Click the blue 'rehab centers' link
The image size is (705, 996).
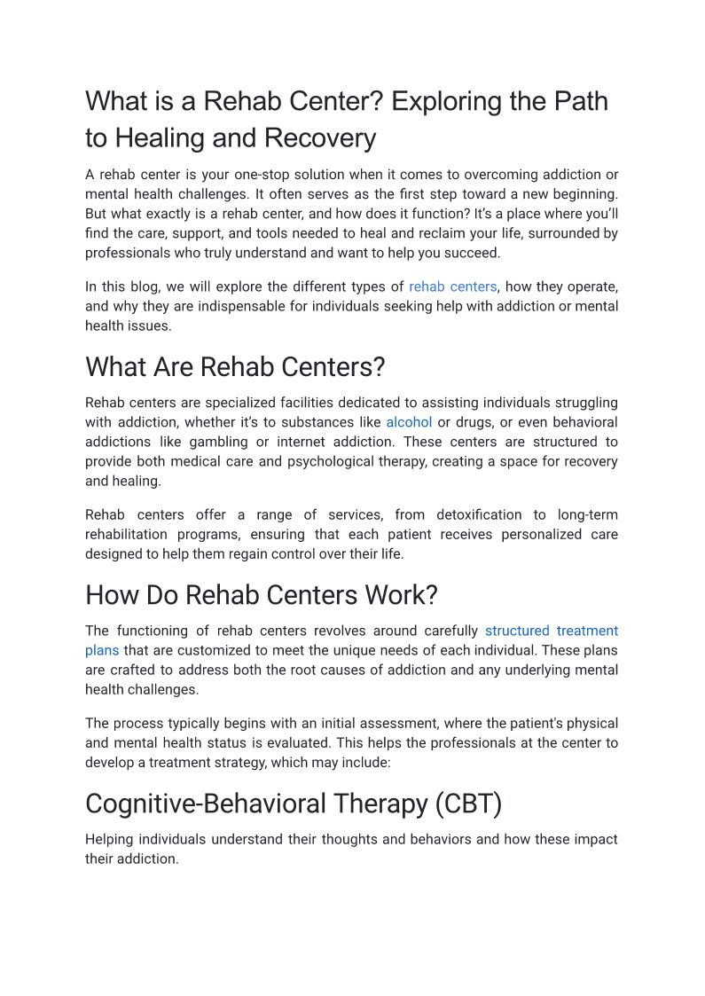pyautogui.click(x=452, y=286)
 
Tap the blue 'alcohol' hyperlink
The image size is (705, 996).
pyautogui.click(x=409, y=422)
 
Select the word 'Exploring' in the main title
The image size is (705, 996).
pyautogui.click(x=445, y=101)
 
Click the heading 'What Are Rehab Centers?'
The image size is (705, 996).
pyautogui.click(x=235, y=366)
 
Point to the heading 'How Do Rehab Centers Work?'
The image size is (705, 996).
pyautogui.click(x=262, y=594)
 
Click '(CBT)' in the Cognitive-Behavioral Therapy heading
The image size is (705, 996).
pyautogui.click(x=468, y=804)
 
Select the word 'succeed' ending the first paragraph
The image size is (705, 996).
pyautogui.click(x=474, y=253)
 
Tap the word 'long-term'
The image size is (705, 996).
pyautogui.click(x=588, y=514)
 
